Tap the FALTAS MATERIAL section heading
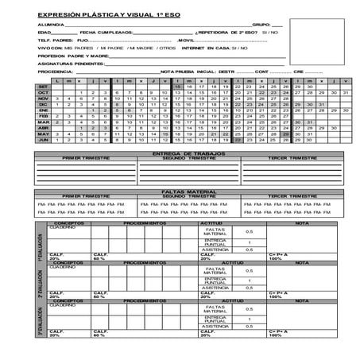180,192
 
